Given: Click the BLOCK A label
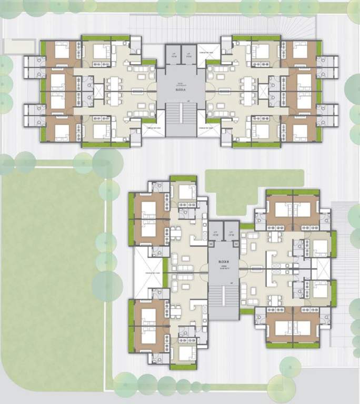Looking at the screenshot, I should [181, 90].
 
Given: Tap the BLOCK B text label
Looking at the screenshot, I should [224, 261].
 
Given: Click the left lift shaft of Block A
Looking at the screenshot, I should [173, 55].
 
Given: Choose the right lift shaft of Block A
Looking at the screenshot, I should [188, 55].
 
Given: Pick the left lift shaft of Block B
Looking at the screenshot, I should [216, 232].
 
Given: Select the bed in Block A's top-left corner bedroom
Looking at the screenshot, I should [62, 51].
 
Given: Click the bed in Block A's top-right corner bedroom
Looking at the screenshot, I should [299, 51].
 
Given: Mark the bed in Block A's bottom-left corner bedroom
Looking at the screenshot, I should [62, 131].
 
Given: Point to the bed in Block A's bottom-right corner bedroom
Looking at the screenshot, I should [299, 131].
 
